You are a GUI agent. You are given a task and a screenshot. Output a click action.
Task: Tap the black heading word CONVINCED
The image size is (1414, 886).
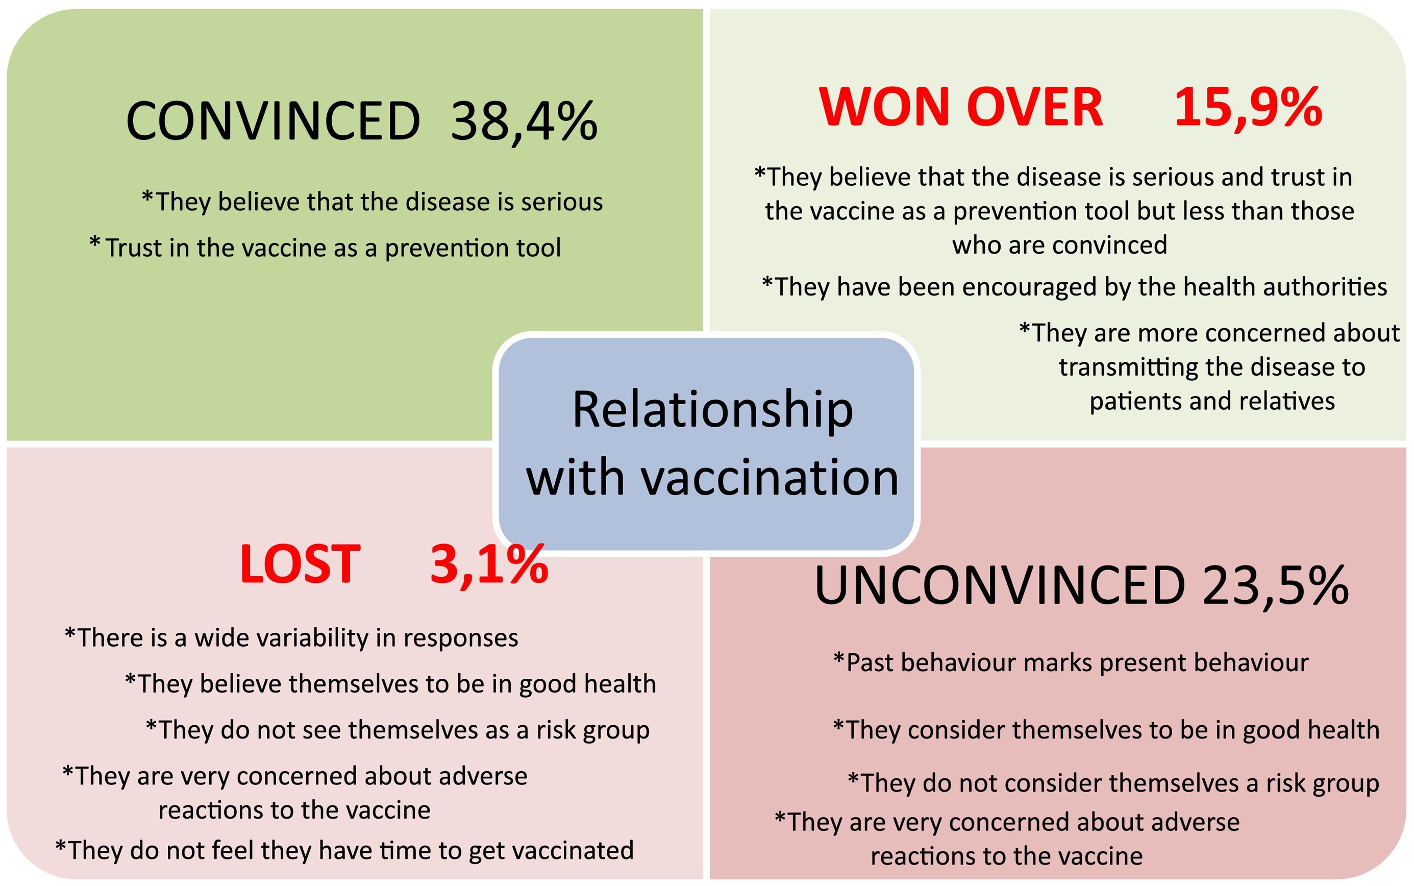tap(273, 121)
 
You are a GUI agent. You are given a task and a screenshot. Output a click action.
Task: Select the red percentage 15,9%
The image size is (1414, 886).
tap(1248, 108)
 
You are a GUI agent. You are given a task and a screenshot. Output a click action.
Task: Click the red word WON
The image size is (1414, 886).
tap(884, 107)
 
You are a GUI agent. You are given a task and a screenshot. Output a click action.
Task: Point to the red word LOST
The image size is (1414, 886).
tap(300, 564)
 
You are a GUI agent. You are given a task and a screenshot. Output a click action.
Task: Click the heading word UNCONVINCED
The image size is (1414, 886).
tap(1000, 585)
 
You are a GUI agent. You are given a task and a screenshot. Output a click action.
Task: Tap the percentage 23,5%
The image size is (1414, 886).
tap(1276, 586)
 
